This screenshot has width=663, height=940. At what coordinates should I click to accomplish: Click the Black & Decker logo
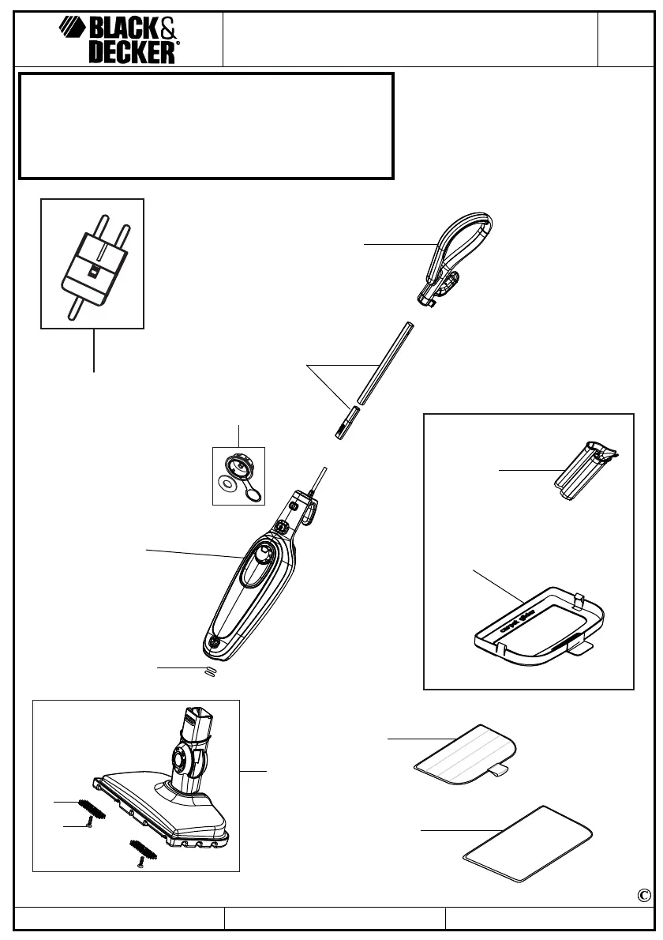click(x=118, y=40)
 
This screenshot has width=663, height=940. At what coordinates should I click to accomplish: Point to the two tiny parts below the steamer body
click(x=210, y=671)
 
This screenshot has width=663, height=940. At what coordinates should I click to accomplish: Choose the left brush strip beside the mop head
click(x=93, y=809)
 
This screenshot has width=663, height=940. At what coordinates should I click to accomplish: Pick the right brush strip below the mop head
click(x=143, y=849)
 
